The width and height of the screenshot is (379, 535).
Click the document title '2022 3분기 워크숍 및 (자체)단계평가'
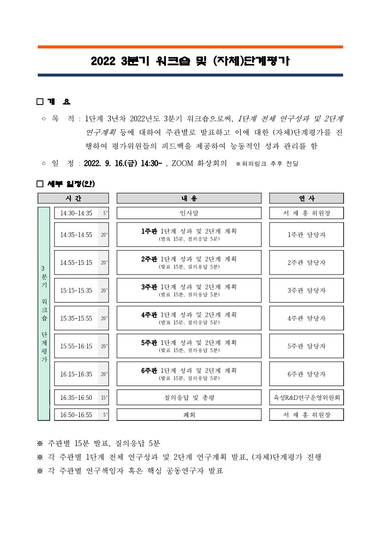[190, 61]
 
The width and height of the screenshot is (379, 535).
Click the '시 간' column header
[73, 198]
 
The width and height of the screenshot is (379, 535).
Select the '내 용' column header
[189, 198]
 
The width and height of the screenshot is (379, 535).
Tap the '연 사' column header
[306, 198]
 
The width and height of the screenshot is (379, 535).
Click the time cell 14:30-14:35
[76, 213]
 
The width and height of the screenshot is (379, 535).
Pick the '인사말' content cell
[189, 213]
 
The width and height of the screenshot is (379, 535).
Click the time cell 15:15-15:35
[76, 290]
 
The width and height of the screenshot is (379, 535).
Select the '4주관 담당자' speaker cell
[306, 318]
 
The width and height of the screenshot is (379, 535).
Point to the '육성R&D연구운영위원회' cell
[306, 397]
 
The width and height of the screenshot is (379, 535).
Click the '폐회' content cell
[189, 415]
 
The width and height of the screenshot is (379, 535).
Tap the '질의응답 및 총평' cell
[189, 397]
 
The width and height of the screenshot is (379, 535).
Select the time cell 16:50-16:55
[76, 415]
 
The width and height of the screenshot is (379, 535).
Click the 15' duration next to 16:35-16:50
[104, 397]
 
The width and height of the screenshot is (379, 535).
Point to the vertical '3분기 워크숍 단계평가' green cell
[43, 314]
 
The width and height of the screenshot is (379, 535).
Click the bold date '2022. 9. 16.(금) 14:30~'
[123, 163]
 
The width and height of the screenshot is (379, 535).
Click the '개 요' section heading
[59, 102]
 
